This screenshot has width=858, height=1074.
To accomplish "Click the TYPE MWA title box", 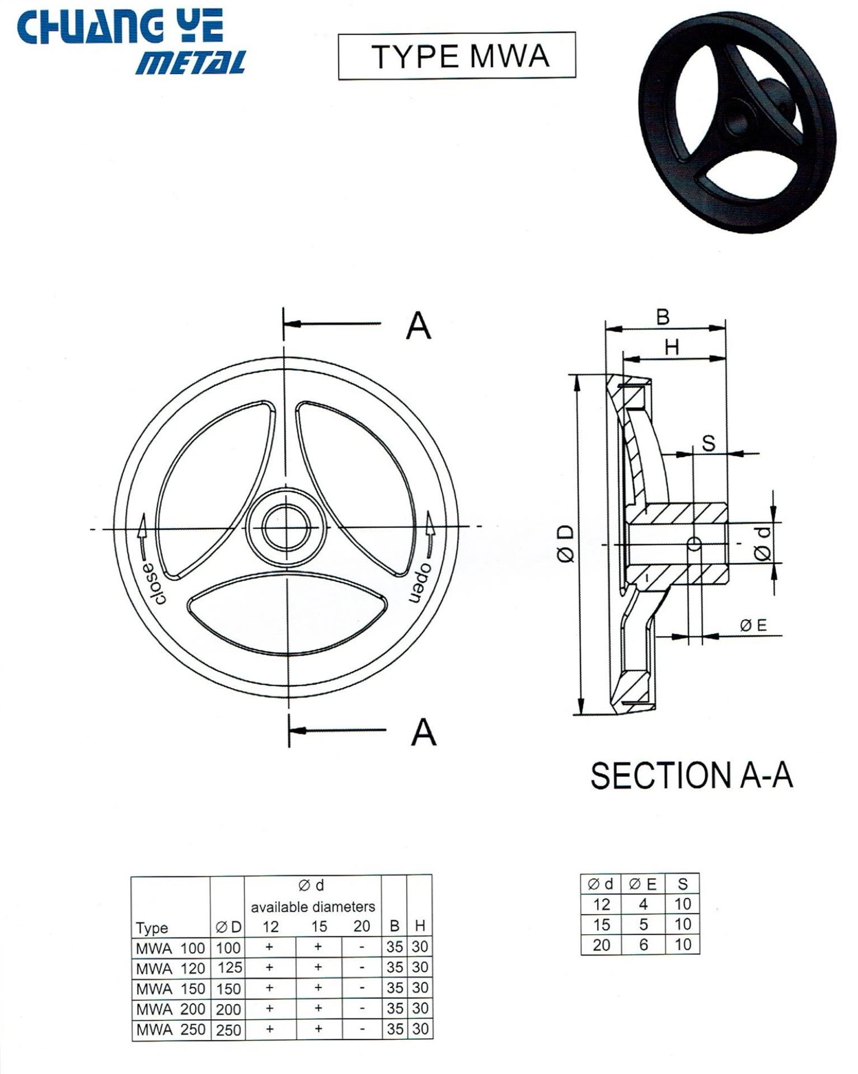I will pyautogui.click(x=457, y=56).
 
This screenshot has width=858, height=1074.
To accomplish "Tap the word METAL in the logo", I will pyautogui.click(x=190, y=63).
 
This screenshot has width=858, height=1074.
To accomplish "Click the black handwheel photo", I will pyautogui.click(x=738, y=122).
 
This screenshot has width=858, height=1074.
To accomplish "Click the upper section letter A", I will pyautogui.click(x=419, y=326).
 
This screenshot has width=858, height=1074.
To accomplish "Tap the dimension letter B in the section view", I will pyautogui.click(x=663, y=318).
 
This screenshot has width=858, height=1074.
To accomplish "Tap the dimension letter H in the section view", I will pyautogui.click(x=672, y=348).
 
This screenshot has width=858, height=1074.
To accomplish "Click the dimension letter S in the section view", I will pyautogui.click(x=709, y=444).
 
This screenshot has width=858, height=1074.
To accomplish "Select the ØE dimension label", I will pyautogui.click(x=753, y=626).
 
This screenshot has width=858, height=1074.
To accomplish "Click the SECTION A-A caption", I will pyautogui.click(x=691, y=776).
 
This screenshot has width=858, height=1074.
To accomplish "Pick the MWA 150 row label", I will pyautogui.click(x=170, y=988).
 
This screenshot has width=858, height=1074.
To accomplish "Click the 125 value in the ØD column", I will pyautogui.click(x=229, y=968).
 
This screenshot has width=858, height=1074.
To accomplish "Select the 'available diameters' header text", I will pyautogui.click(x=312, y=906).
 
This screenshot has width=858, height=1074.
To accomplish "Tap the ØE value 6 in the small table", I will pyautogui.click(x=644, y=945).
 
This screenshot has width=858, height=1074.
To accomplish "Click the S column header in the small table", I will pyautogui.click(x=682, y=884).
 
